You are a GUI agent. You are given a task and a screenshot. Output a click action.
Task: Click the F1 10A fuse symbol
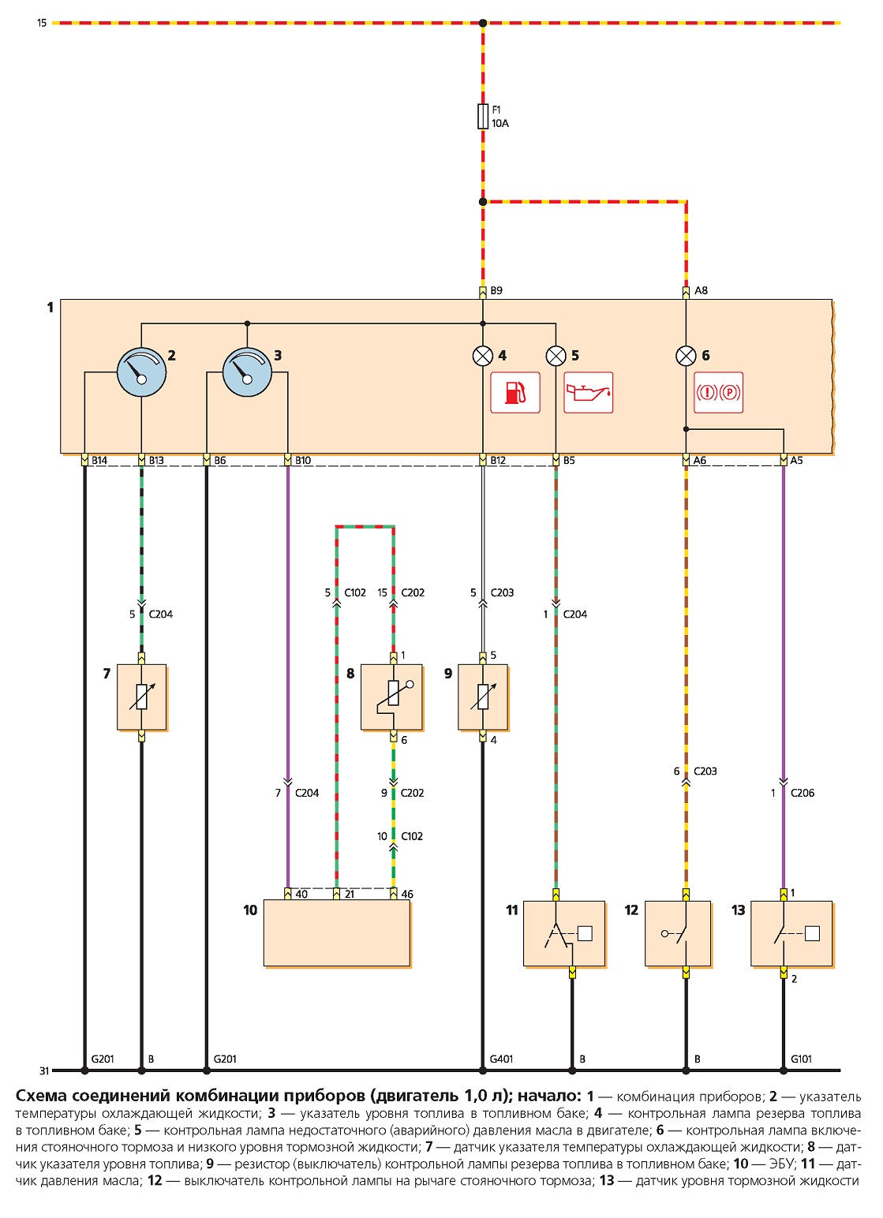(483, 117)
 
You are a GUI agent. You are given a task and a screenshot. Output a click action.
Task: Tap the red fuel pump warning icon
(515, 393)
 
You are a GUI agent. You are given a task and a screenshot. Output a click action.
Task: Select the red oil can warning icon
(588, 393)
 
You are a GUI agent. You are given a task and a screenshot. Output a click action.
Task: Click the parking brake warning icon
(719, 393)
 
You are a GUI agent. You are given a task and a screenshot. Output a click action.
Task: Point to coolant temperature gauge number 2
(141, 372)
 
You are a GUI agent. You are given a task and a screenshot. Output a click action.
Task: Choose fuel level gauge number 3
(247, 372)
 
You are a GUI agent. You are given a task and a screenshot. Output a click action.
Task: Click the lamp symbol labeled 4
(483, 356)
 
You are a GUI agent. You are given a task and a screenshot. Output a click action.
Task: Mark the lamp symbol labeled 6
(686, 356)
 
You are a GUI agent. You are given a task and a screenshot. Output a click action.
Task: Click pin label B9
(496, 291)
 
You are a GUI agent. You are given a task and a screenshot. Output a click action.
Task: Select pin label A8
(701, 291)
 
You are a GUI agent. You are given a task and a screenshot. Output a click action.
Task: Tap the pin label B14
(99, 461)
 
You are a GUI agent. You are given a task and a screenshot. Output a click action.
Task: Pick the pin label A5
(796, 461)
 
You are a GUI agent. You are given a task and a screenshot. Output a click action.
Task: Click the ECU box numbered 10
(336, 933)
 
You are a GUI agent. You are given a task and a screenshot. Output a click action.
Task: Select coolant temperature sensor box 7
(141, 697)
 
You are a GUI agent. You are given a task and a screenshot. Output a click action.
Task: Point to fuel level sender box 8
(391, 697)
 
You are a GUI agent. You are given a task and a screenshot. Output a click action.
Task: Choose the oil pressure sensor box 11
(563, 933)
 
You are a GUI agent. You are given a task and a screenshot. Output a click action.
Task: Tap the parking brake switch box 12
(677, 933)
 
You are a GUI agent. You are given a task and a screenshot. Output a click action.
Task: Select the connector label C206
(803, 794)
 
